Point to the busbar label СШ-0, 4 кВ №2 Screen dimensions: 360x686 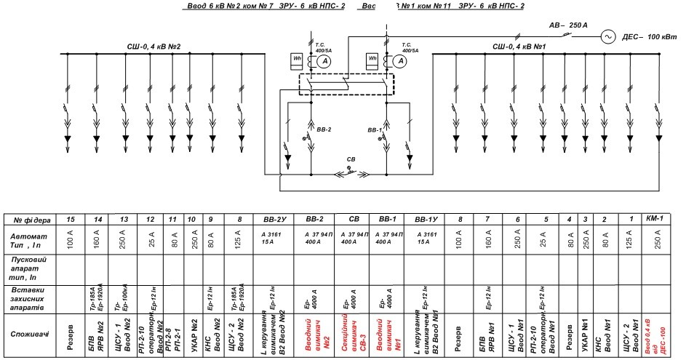click(x=153, y=47)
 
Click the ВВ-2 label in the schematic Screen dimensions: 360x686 click(x=324, y=130)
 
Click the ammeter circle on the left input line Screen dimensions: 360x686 click(x=327, y=63)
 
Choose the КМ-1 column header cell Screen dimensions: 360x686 click(x=657, y=219)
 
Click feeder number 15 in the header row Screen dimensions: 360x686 click(x=71, y=219)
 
